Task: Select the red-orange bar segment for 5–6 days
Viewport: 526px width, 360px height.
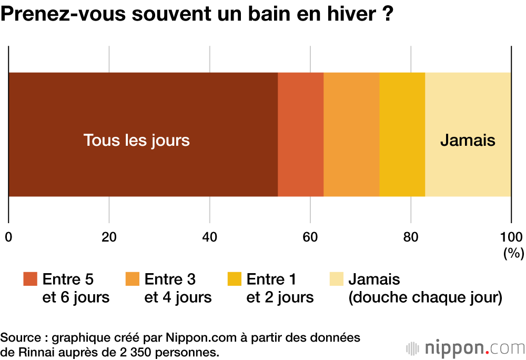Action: [x=300, y=134]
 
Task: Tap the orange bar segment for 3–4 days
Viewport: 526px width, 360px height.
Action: [x=351, y=134]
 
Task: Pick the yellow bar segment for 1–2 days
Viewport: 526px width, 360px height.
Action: [x=402, y=134]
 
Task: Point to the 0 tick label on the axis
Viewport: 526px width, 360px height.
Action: [x=8, y=236]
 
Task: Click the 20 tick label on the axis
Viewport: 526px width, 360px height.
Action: [x=109, y=236]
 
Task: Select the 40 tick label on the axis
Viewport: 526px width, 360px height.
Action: [x=209, y=236]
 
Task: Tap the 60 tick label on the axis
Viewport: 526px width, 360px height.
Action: [x=310, y=236]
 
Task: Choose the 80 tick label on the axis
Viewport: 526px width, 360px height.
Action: [x=410, y=236]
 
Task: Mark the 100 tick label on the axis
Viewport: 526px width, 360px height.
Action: [x=511, y=236]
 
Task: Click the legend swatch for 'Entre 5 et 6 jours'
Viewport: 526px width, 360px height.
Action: [x=31, y=279]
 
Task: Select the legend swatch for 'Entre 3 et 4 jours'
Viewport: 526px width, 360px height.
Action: [x=133, y=279]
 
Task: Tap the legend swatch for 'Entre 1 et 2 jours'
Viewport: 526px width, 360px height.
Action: [x=235, y=279]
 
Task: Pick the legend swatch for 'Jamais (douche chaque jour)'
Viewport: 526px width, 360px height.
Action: [x=336, y=279]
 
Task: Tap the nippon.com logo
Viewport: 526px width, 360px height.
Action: [x=466, y=348]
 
